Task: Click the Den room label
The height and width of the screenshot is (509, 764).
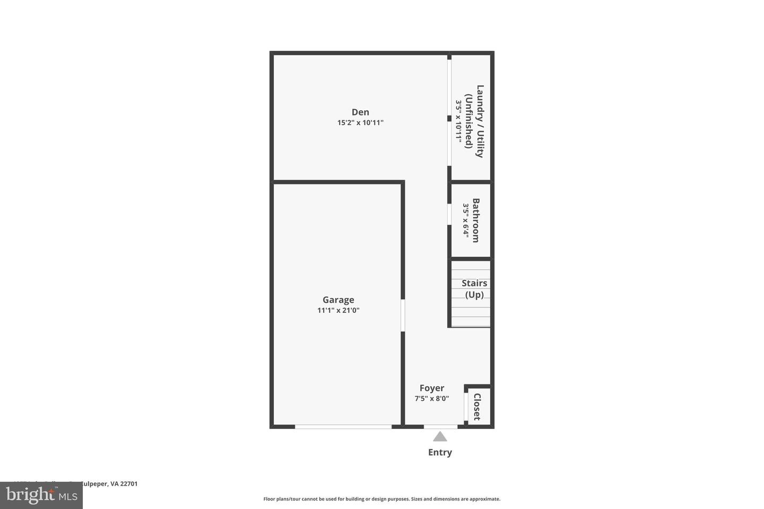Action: click(360, 112)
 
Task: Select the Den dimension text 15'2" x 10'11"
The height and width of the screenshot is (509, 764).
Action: click(360, 122)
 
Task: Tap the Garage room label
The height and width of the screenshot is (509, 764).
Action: click(338, 300)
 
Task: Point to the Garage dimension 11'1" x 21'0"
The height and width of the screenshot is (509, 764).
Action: click(338, 310)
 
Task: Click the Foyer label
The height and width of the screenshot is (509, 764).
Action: click(432, 388)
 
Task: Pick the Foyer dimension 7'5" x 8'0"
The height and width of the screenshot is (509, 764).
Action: click(432, 399)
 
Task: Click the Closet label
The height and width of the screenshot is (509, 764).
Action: click(477, 407)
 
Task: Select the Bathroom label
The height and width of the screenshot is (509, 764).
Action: click(476, 221)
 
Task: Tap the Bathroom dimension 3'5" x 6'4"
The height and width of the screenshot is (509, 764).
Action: click(466, 221)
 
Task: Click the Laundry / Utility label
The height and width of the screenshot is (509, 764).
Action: click(480, 121)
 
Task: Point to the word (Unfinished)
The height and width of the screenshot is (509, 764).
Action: click(469, 121)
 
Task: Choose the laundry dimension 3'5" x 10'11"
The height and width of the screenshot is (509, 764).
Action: click(458, 121)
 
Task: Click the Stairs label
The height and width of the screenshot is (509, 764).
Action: click(474, 283)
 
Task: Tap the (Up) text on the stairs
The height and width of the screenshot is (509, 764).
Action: click(474, 295)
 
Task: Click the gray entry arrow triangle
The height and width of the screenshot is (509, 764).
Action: click(440, 437)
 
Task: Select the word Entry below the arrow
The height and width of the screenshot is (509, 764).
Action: click(440, 452)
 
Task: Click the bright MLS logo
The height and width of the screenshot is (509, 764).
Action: click(41, 496)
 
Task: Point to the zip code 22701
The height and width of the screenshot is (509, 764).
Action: click(129, 484)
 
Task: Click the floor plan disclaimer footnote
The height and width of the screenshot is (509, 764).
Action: click(381, 499)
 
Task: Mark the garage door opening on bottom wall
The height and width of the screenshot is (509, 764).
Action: click(343, 426)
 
